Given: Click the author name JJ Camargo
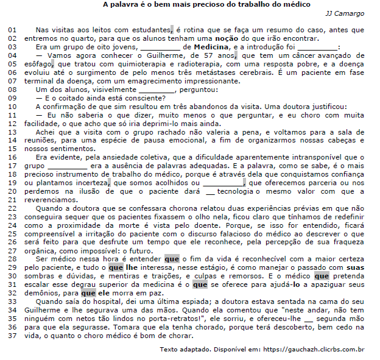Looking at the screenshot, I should [x=346, y=13].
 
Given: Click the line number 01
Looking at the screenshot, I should [x=13, y=29].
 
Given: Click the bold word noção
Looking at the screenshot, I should [x=252, y=38].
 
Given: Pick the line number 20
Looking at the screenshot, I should [x=13, y=191].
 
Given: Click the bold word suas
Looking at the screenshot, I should [x=355, y=268].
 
